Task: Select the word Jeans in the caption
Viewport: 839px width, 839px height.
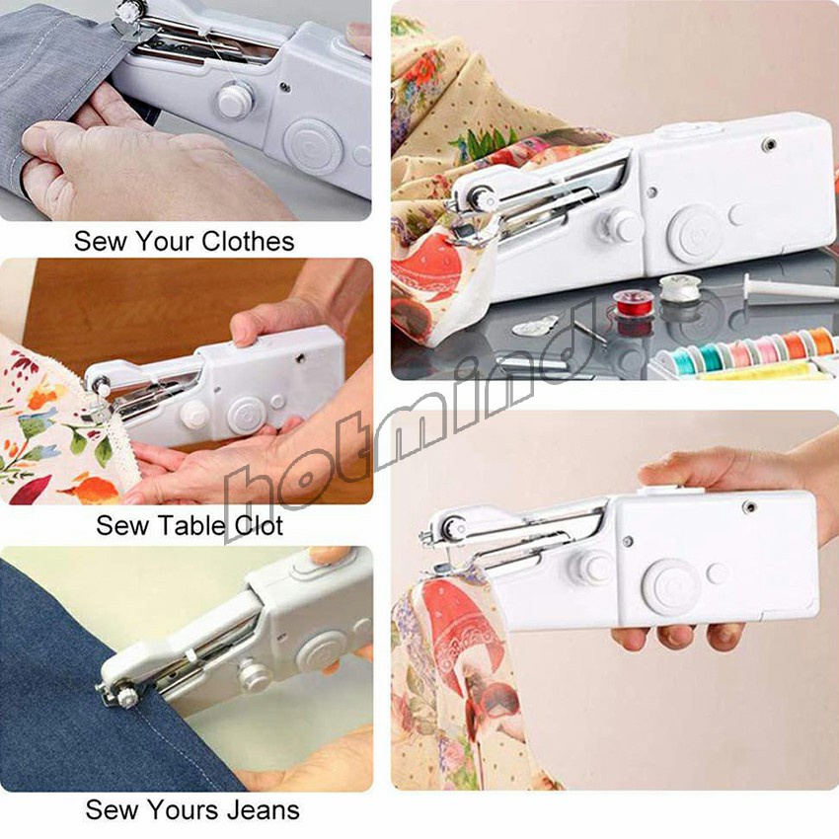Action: coord(264,809)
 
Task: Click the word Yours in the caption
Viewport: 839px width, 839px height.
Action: coord(184,809)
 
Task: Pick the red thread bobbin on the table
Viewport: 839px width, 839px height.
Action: coord(634,304)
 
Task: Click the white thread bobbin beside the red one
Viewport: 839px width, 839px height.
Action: coord(679,289)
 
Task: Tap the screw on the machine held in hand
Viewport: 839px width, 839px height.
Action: coord(750,506)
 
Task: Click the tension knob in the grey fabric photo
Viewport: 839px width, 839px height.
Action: coord(235,100)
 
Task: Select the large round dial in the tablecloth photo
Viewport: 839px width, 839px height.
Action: coord(247,415)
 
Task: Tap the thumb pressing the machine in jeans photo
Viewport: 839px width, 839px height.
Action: coord(326,556)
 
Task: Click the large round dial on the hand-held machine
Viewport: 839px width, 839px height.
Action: coord(672,586)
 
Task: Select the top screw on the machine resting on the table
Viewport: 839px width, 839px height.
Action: coord(769,144)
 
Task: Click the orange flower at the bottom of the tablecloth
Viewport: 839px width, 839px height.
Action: coord(94,489)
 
